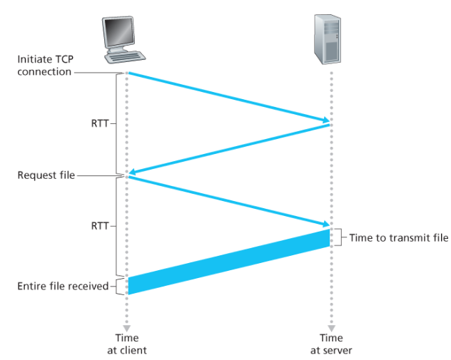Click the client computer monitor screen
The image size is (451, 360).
(119, 32)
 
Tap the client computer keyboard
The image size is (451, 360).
(125, 57)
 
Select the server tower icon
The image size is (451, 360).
(328, 39)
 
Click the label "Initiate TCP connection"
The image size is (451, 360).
(46, 65)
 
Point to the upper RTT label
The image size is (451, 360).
(100, 123)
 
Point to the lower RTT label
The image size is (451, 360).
(100, 226)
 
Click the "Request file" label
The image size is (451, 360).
(46, 175)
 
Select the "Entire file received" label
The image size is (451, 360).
(63, 286)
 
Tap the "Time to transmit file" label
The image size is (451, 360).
(399, 238)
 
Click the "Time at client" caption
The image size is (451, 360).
(127, 344)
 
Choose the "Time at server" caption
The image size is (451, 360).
(331, 344)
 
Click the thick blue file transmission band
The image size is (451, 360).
(229, 262)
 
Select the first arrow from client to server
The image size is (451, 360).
(229, 98)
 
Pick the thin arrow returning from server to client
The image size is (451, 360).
(229, 149)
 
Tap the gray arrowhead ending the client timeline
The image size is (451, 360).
(127, 329)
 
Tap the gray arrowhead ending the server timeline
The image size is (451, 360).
(331, 329)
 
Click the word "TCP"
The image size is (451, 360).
(64, 59)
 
